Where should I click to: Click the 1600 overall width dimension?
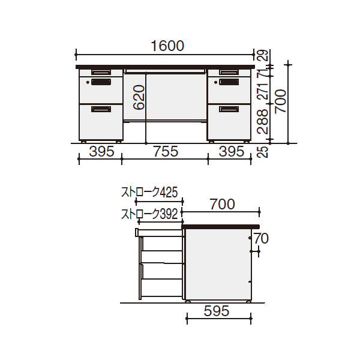167,46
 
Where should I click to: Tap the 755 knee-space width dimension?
166,152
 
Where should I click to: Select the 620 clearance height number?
139,97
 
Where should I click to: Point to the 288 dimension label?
263,121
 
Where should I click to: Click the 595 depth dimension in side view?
217,311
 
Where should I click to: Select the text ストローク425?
149,193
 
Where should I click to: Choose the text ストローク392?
149,214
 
